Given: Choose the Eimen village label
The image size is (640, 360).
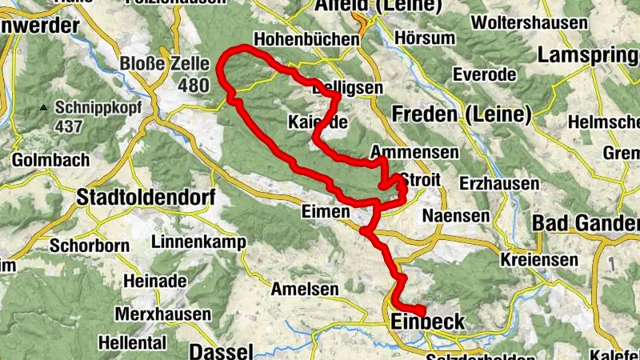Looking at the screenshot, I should click(x=326, y=212).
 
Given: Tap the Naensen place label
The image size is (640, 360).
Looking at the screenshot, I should click(x=455, y=216).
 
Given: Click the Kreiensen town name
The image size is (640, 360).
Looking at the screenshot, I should click(x=539, y=260).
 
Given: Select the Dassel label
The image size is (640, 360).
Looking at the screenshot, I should click(x=222, y=351).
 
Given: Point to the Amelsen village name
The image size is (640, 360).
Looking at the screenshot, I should click(x=302, y=288).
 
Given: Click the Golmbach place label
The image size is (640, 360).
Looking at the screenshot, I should click(x=51, y=160).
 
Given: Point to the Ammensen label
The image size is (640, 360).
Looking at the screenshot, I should click(x=415, y=152).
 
